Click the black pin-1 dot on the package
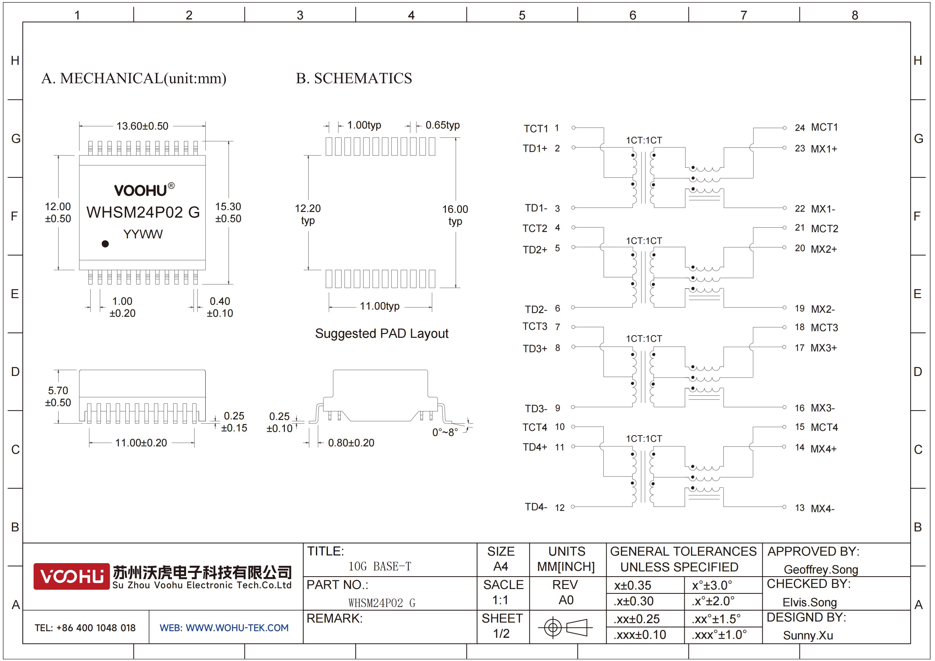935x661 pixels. (105, 243)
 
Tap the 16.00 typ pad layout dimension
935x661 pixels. (455, 215)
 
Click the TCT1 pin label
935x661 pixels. (536, 129)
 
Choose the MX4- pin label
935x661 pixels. (822, 508)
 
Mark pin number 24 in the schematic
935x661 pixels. (800, 128)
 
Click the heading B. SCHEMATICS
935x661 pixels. (354, 78)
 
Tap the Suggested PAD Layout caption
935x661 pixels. (382, 334)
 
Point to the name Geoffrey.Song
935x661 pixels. (821, 569)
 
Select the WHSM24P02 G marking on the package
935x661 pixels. (143, 212)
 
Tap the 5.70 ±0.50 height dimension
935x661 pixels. (58, 396)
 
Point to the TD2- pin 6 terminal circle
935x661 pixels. (573, 307)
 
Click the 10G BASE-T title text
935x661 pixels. (380, 566)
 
